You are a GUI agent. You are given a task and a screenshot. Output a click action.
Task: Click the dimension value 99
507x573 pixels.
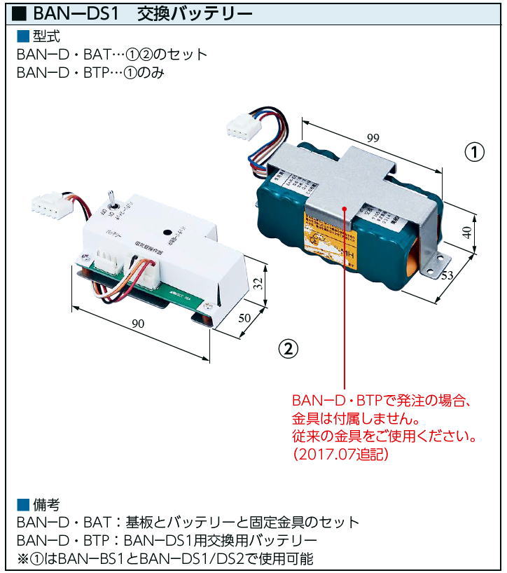coord(372,138)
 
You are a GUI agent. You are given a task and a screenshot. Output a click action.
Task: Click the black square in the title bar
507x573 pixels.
coord(20,13)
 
